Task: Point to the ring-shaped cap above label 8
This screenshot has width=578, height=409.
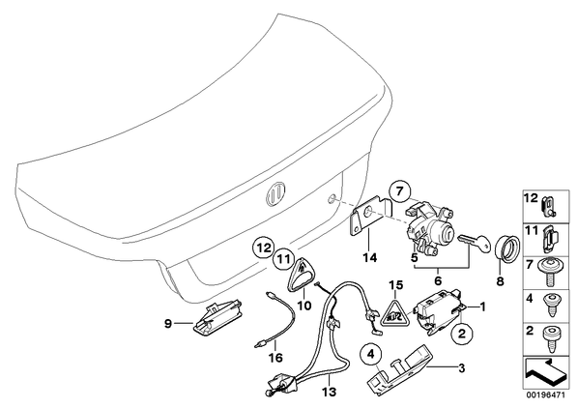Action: coord(506,248)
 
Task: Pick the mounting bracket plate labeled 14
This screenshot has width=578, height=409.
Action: coord(370,216)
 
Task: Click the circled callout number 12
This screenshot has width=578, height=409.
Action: coord(263,248)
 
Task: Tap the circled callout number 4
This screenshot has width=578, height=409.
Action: coord(370,356)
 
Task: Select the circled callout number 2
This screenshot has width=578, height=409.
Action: coord(462,334)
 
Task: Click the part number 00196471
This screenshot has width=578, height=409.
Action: coord(543,395)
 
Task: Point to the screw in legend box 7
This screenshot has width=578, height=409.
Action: coord(550,272)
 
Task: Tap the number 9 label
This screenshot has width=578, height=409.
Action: coord(168,324)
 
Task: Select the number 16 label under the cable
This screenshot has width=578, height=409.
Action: coord(275,357)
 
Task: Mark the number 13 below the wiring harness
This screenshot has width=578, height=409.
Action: coord(330,392)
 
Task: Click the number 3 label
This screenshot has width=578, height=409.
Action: coord(461,367)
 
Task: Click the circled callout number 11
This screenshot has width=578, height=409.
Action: coord(282,259)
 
